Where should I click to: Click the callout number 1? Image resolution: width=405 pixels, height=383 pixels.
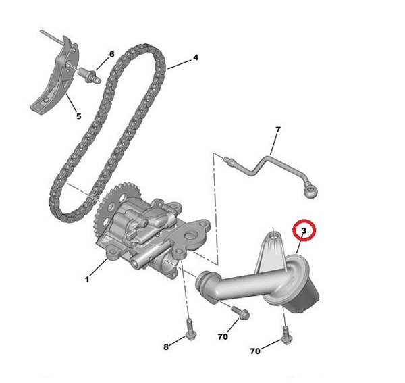[87, 280]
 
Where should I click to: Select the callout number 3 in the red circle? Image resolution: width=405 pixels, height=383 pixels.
[304, 230]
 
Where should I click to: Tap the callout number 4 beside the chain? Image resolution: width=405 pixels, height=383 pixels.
[196, 57]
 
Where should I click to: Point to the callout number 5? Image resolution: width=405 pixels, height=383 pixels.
[79, 116]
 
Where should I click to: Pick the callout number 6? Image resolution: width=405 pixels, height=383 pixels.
[111, 54]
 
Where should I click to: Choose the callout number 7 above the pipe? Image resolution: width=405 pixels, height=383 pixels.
[277, 130]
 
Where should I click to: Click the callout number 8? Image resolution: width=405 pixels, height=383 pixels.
[166, 347]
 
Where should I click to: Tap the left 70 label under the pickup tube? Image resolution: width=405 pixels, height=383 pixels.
[223, 337]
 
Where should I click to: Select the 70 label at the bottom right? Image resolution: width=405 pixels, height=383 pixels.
[255, 351]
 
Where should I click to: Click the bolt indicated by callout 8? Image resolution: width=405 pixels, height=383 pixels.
[190, 330]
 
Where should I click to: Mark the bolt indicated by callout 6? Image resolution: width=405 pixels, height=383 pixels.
[89, 75]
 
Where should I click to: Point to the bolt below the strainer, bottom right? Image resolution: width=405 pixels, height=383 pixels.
[287, 335]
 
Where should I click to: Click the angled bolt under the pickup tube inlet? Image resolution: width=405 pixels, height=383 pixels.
[240, 313]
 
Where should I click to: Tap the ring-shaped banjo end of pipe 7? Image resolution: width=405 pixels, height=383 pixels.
[310, 192]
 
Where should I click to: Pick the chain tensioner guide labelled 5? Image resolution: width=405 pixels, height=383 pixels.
[55, 78]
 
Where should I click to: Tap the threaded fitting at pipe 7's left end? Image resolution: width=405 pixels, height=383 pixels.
[230, 161]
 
